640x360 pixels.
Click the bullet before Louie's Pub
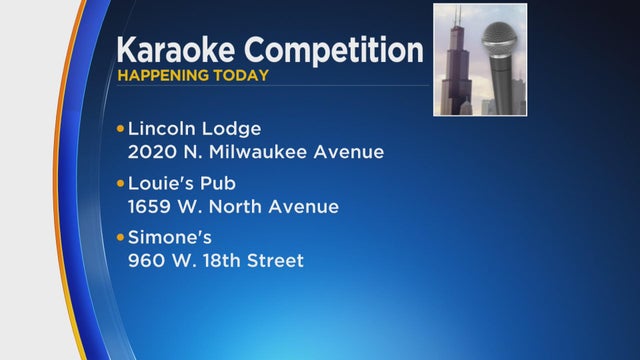click(x=121, y=184)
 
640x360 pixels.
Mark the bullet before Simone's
click(x=121, y=238)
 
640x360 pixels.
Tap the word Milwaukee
click(x=260, y=153)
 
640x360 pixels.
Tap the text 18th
click(x=225, y=261)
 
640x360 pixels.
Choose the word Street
click(x=277, y=261)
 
